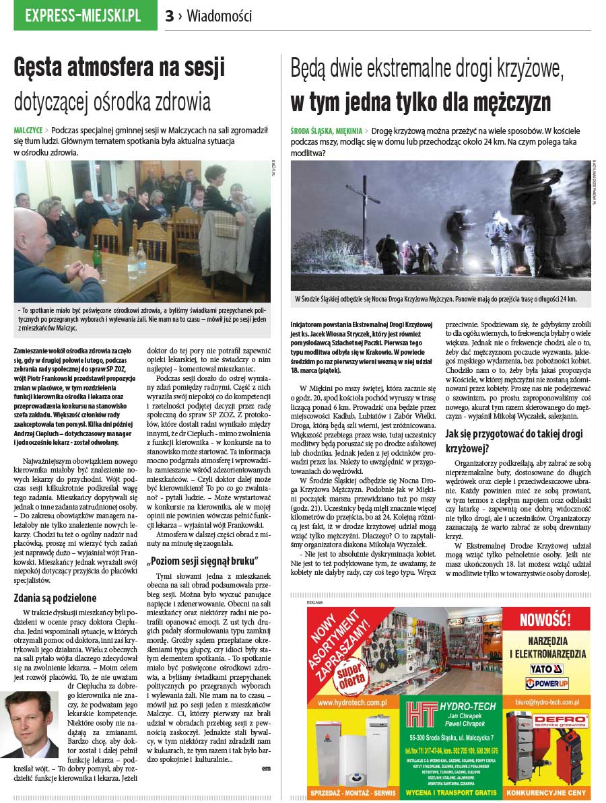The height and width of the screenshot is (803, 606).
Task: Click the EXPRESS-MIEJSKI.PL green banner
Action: coord(83,15)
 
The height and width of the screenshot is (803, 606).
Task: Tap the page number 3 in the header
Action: coord(170,16)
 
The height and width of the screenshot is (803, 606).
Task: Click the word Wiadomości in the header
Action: coord(220,15)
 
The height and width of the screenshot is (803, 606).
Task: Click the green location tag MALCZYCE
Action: coord(28,129)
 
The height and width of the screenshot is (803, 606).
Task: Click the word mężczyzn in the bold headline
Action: coord(506,102)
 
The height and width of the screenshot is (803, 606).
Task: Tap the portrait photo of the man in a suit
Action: coord(30,724)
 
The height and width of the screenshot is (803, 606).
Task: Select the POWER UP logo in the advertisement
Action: coord(546,683)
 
